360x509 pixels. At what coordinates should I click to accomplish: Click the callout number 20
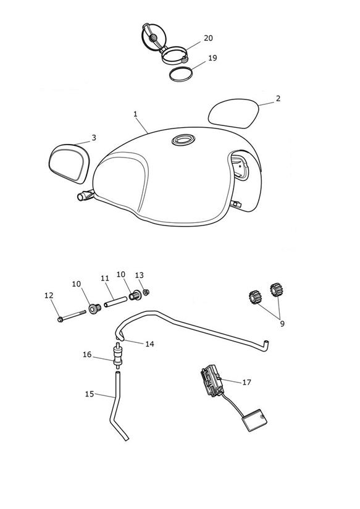(208, 38)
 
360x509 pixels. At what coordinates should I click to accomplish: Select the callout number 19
(212, 58)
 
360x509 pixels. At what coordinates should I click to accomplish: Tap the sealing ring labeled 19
(181, 74)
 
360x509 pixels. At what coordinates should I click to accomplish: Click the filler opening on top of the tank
(183, 140)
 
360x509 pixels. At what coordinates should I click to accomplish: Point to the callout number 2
(278, 98)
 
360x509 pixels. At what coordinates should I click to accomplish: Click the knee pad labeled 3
(69, 164)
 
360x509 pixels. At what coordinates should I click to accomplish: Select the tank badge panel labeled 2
(233, 113)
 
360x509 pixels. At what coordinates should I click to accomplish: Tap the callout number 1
(135, 114)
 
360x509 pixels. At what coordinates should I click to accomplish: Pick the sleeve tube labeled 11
(115, 301)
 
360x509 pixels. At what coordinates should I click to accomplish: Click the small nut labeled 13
(146, 292)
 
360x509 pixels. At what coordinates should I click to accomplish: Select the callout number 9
(282, 324)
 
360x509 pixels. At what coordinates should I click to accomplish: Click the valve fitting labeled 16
(117, 355)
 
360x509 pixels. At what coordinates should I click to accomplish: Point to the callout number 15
(90, 394)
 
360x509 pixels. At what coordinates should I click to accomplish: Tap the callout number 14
(149, 344)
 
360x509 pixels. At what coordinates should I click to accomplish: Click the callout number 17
(247, 382)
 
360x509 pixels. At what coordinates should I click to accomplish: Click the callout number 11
(105, 279)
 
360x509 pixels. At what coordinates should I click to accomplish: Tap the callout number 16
(87, 355)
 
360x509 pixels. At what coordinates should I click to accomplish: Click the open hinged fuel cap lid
(153, 37)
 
